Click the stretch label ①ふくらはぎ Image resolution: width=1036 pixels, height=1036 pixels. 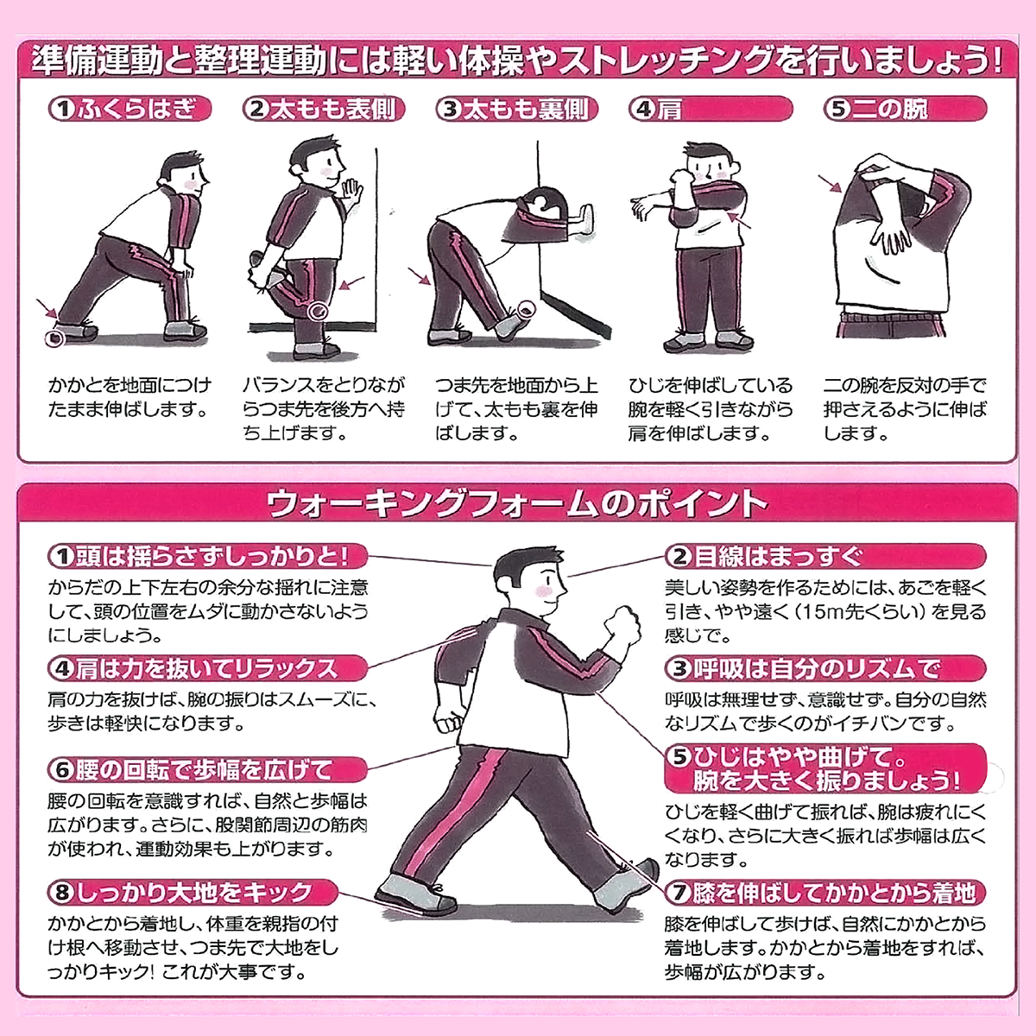129,109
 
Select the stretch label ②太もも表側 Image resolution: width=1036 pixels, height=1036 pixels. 323,109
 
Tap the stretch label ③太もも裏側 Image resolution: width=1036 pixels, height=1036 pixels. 515,109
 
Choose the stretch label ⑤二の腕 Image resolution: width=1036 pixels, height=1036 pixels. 903,109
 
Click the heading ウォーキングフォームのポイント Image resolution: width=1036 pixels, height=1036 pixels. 517,503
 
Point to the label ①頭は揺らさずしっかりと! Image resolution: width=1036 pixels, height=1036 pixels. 207,556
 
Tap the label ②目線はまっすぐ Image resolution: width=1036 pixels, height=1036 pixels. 824,556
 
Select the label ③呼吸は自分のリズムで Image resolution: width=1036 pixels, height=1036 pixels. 824,668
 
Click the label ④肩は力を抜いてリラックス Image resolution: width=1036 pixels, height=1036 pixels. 207,668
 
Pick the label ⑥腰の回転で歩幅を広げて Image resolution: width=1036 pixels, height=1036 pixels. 207,768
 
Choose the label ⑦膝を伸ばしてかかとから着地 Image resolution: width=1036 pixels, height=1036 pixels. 824,892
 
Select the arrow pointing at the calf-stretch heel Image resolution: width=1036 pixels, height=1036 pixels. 47,308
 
